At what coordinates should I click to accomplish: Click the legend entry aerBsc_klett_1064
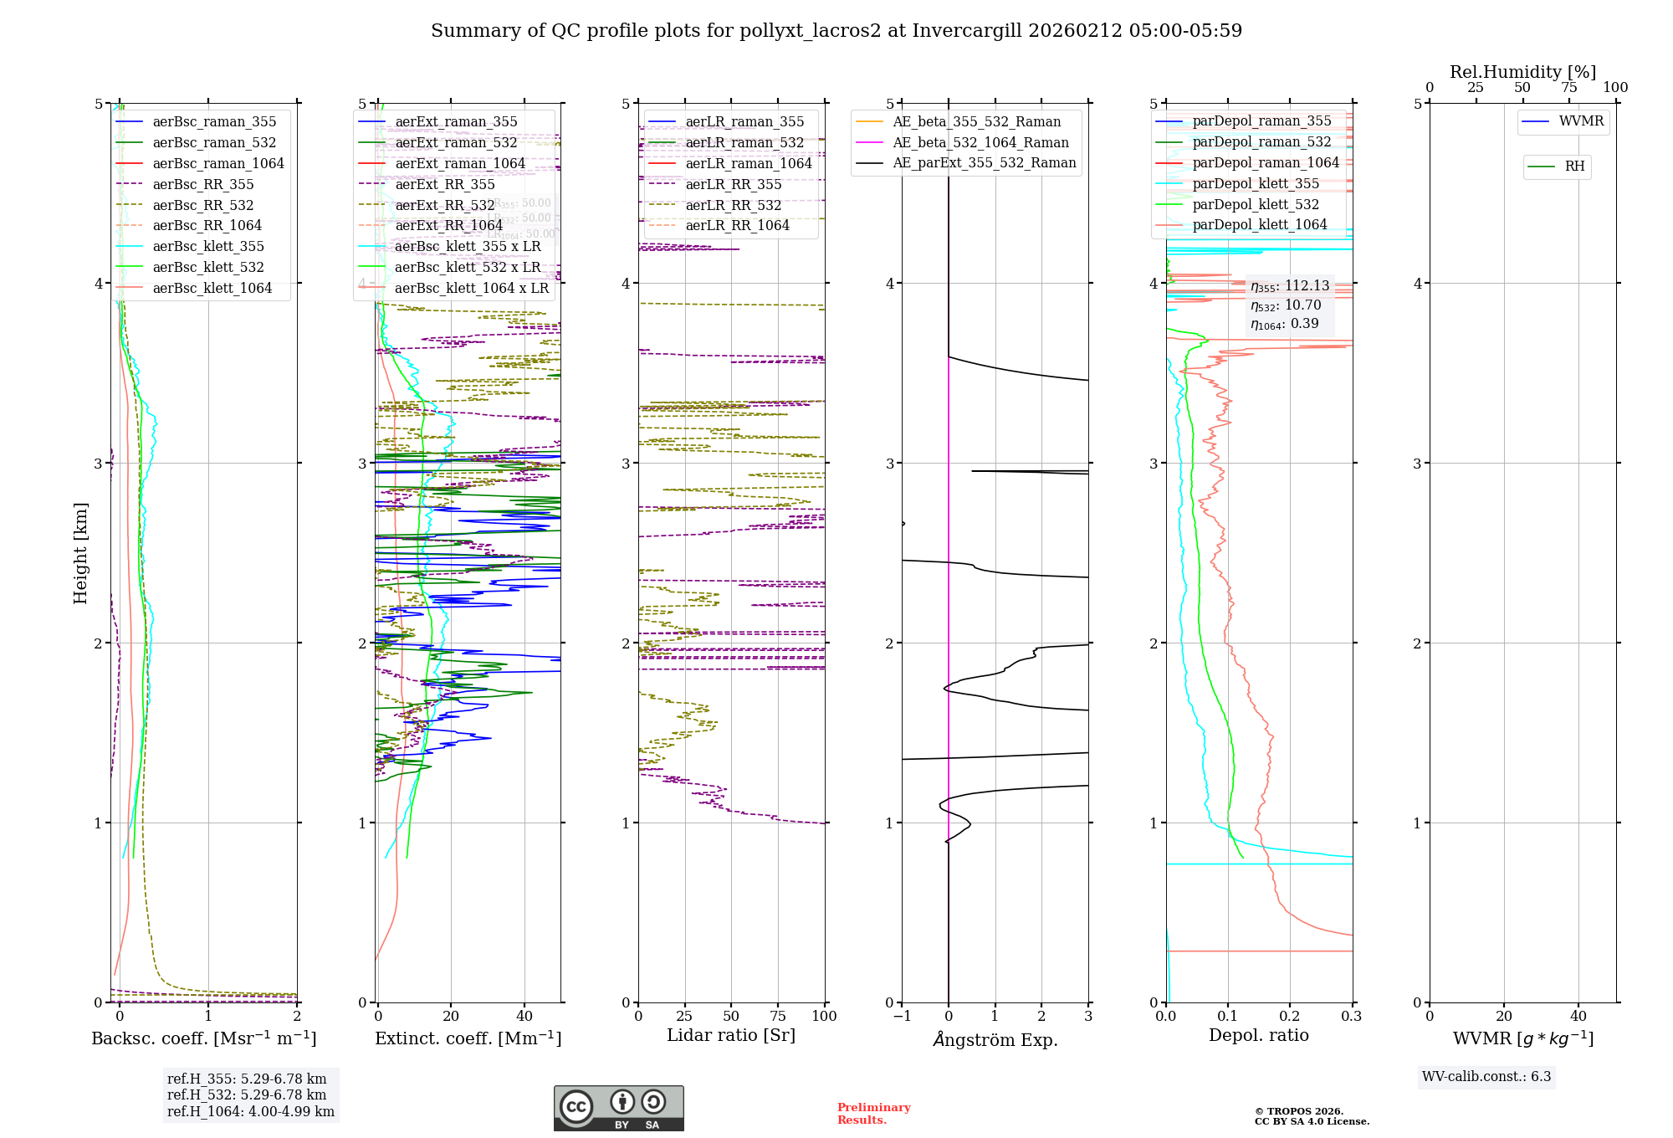pyautogui.click(x=212, y=288)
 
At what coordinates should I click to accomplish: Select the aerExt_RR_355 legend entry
pyautogui.click(x=445, y=184)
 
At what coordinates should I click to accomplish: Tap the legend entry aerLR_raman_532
pyautogui.click(x=744, y=142)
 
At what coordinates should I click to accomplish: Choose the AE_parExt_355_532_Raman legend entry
pyautogui.click(x=984, y=162)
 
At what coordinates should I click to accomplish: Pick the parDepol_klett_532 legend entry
pyautogui.click(x=1256, y=204)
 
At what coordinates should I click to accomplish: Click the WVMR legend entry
pyautogui.click(x=1581, y=121)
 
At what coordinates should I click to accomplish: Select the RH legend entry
pyautogui.click(x=1574, y=167)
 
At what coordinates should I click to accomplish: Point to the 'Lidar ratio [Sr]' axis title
pyautogui.click(x=731, y=1035)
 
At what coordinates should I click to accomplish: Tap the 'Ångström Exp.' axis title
pyautogui.click(x=995, y=1039)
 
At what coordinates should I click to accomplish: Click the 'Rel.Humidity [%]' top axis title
pyautogui.click(x=1522, y=72)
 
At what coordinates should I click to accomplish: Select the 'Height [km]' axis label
pyautogui.click(x=80, y=552)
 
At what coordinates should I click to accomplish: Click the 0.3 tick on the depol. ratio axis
pyautogui.click(x=1352, y=1016)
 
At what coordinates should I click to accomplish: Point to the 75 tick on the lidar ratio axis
pyautogui.click(x=778, y=1016)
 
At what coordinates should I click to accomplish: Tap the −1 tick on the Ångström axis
pyautogui.click(x=902, y=1016)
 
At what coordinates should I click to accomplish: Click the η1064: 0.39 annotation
pyautogui.click(x=1285, y=324)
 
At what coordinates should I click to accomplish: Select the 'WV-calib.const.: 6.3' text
pyautogui.click(x=1486, y=1076)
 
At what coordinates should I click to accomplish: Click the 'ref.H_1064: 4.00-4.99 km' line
pyautogui.click(x=251, y=1111)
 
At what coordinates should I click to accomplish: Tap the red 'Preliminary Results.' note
pyautogui.click(x=873, y=1113)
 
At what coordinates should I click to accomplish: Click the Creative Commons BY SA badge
pyautogui.click(x=619, y=1108)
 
